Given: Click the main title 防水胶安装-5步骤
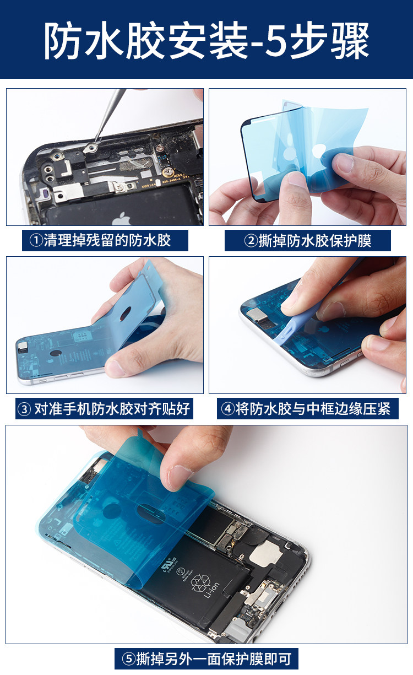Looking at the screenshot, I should click(x=206, y=41).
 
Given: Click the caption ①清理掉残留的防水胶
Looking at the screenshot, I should click(x=105, y=241).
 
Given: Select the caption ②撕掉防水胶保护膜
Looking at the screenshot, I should click(x=307, y=241).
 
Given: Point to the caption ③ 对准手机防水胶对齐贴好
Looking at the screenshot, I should click(x=105, y=409).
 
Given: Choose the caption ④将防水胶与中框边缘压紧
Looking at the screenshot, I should click(x=307, y=409).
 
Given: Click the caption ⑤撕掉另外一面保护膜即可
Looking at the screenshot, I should click(x=206, y=658).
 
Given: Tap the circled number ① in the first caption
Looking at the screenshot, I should click(x=36, y=241).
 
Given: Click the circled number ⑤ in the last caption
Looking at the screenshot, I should click(x=128, y=658).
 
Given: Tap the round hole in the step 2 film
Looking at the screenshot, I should click(x=319, y=151).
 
